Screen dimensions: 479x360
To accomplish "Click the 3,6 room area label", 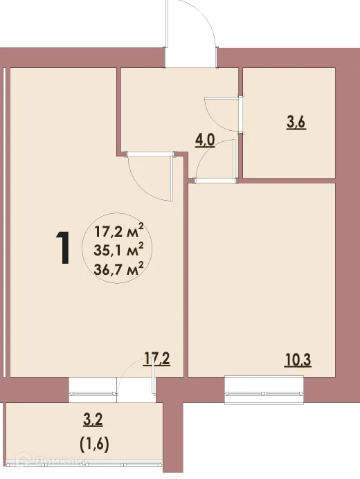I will [x=296, y=124].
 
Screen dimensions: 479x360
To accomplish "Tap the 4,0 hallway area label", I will [x=206, y=141].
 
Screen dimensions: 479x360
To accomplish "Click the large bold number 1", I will [x=63, y=248].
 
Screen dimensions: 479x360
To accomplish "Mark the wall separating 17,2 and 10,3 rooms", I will [x=186, y=277].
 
